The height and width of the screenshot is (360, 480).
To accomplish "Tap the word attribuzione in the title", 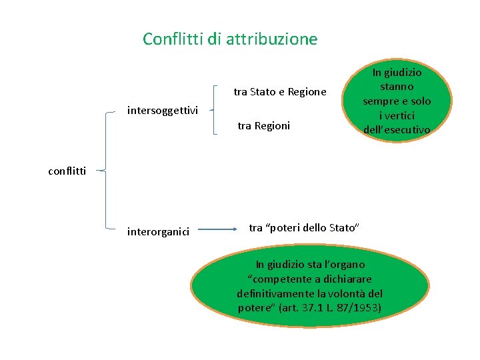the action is click(271, 39).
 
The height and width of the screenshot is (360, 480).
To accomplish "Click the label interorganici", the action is click(158, 232).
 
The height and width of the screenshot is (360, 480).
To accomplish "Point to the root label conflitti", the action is click(67, 171).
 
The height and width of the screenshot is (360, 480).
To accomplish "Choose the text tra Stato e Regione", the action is click(280, 91).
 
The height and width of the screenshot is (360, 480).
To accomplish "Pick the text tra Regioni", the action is click(264, 125).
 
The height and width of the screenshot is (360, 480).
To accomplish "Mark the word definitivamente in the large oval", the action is click(273, 293).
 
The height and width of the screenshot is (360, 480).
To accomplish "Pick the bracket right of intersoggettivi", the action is click(215, 110).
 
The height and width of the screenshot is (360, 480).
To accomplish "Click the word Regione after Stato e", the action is click(307, 91).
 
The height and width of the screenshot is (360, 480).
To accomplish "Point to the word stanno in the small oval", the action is click(397, 87).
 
